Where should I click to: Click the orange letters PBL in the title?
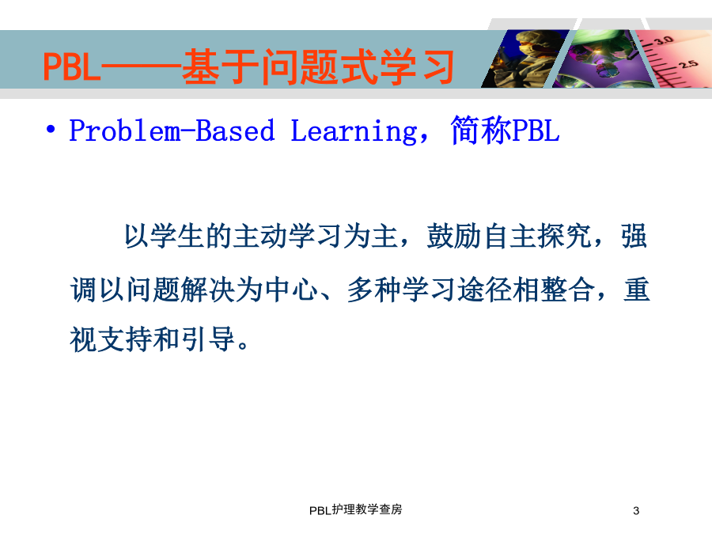coord(71,66)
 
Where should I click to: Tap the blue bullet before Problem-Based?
coord(51,130)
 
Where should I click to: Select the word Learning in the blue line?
coord(354,132)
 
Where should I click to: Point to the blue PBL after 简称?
coord(536,131)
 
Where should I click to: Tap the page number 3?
coord(636,511)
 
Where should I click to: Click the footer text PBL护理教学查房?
coord(355,510)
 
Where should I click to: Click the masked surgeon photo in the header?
coord(525,59)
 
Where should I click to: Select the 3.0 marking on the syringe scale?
coord(663,40)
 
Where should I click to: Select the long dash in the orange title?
coord(142,68)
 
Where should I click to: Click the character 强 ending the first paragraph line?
coord(634,236)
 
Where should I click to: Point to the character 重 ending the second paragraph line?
coord(637,290)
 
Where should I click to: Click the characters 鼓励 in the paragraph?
coord(453,236)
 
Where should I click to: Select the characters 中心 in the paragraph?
coord(291,290)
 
